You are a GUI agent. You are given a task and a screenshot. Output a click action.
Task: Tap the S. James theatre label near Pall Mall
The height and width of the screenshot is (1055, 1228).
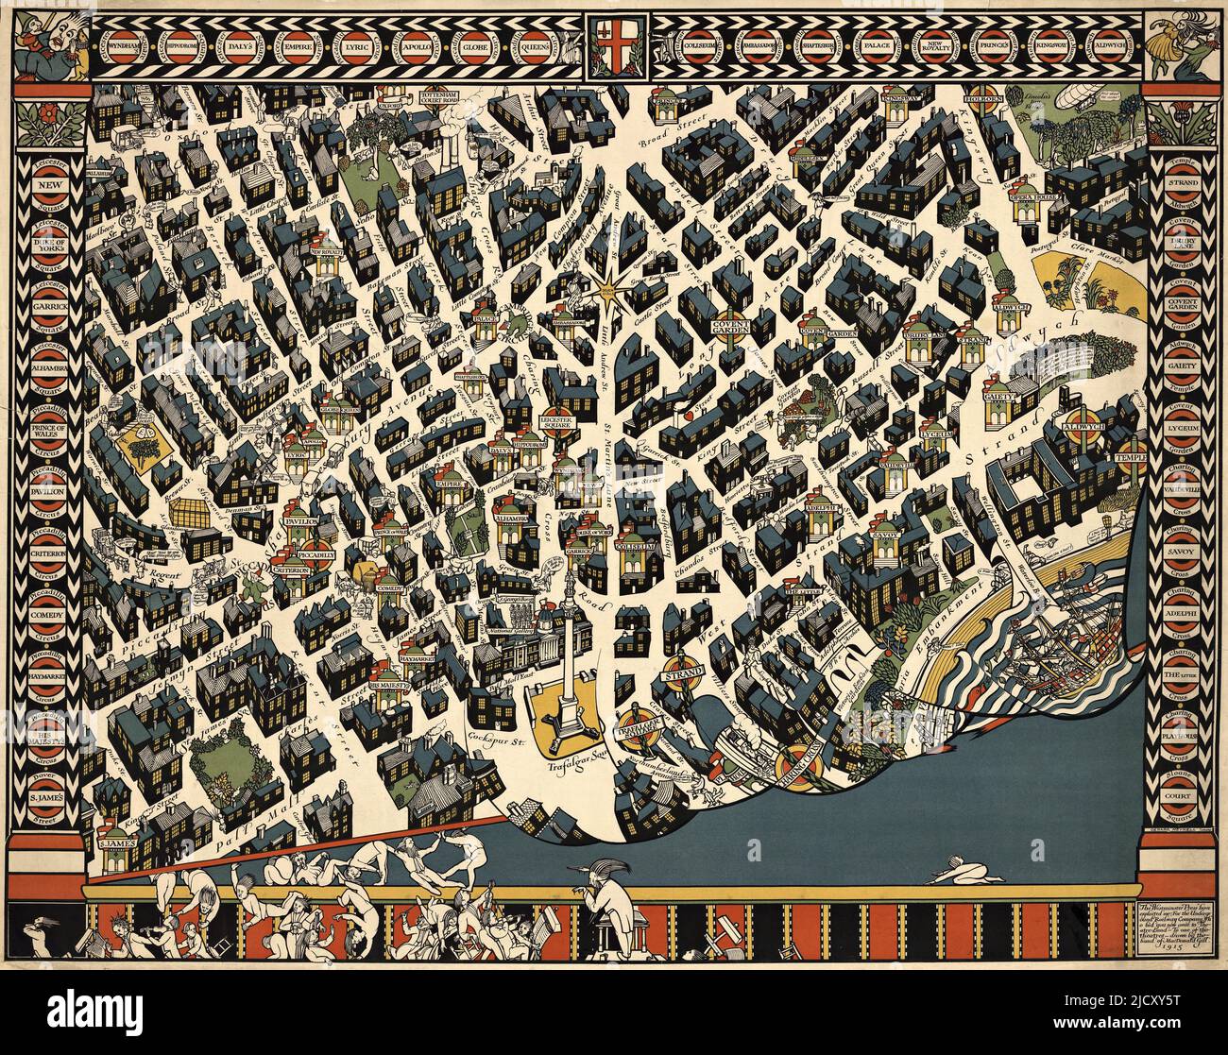point(118,842)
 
